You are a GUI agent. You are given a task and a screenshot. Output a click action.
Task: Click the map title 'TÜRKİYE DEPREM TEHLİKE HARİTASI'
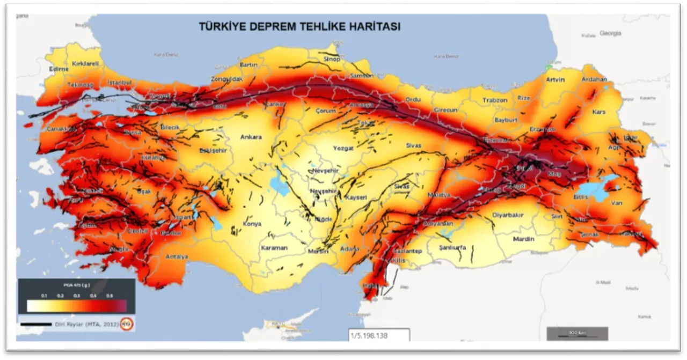(299, 26)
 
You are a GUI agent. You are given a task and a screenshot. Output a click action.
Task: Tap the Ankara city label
(251, 137)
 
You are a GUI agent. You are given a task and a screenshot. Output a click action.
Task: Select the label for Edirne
(59, 69)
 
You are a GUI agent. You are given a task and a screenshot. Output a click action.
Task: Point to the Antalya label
(177, 257)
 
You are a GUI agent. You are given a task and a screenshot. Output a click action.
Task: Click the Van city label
(616, 203)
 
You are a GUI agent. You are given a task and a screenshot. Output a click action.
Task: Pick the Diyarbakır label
(507, 215)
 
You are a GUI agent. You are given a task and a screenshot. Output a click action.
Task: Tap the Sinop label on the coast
(331, 59)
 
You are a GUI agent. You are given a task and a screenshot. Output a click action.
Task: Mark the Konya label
(252, 224)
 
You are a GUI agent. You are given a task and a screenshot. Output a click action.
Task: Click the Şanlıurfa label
(452, 248)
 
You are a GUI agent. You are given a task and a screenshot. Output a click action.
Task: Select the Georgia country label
(610, 33)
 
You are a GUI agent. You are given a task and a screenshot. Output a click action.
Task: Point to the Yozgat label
(343, 148)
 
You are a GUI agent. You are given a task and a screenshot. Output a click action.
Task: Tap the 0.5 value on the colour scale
(109, 296)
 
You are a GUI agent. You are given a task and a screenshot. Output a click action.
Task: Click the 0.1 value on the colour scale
(44, 296)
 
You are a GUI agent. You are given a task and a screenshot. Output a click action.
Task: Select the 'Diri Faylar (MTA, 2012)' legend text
(86, 324)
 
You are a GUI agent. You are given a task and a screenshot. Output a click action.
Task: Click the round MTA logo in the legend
(127, 324)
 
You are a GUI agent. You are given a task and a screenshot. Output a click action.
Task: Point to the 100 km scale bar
(577, 333)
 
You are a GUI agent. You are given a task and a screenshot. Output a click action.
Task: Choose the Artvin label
(556, 80)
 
